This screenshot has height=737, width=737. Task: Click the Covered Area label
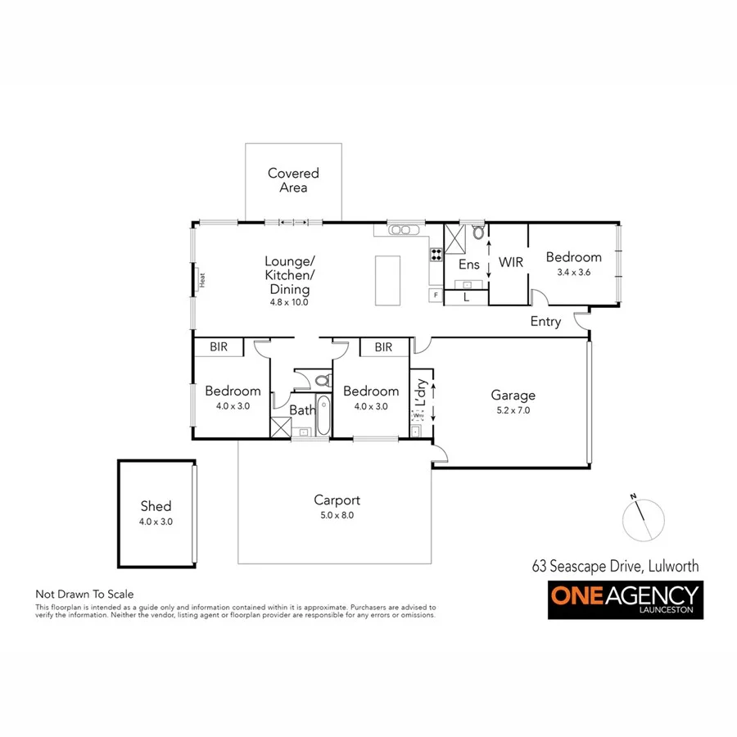293,180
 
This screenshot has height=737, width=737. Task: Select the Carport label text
337,500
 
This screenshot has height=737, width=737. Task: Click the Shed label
156,506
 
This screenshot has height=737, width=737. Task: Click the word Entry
545,321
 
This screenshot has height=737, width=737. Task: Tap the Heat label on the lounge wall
200,279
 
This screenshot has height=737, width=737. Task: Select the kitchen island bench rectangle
389,280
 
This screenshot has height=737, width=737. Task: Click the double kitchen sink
402,230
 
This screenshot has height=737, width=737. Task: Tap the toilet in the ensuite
478,233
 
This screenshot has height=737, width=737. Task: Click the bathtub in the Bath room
323,416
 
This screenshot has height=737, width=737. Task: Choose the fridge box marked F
435,294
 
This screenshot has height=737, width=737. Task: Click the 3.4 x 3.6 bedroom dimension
573,272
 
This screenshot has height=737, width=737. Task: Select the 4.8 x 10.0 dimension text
288,302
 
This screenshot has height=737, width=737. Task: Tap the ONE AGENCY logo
625,600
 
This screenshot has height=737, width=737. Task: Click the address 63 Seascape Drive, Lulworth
615,565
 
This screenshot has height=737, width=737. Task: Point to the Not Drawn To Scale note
84,594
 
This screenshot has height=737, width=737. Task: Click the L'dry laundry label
421,393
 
